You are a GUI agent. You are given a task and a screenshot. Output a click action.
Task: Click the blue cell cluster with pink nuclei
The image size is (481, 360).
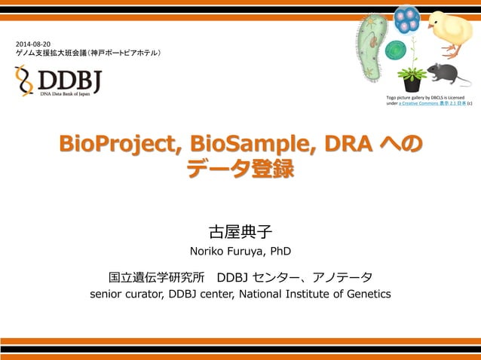click(407, 20)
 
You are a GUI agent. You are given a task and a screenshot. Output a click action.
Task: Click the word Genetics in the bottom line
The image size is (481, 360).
click(366, 294)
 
